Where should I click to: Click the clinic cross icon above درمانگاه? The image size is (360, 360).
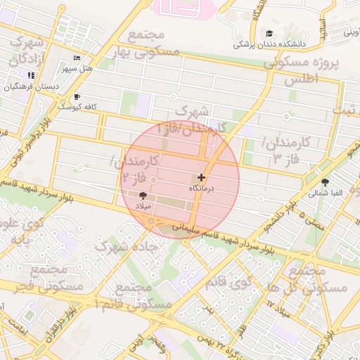click(202, 178)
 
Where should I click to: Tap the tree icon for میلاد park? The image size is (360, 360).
click(143, 195)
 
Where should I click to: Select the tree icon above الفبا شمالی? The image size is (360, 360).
click(324, 181)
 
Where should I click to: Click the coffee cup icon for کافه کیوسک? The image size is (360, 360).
click(77, 96)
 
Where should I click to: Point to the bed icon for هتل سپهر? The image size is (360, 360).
click(77, 58)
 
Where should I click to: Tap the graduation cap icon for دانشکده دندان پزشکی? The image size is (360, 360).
click(269, 33)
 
